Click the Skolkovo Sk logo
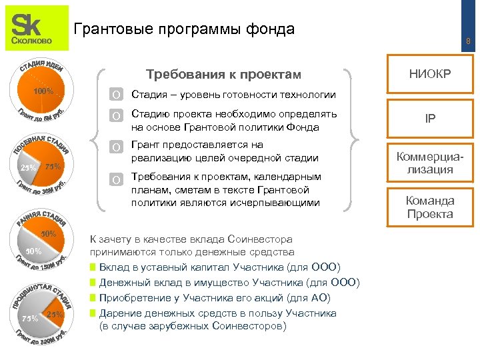tap(37, 28)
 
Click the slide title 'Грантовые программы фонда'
tap(183, 29)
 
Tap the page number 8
tap(468, 42)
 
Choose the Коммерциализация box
tap(431, 163)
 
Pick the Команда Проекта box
tap(431, 207)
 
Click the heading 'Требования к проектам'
tap(223, 74)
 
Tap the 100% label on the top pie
tap(43, 91)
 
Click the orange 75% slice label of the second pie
tap(53, 166)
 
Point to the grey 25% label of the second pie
tap(28, 167)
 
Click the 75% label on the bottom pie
tap(30, 319)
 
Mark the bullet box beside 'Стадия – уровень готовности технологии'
tap(117, 95)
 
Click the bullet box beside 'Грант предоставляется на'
tap(117, 147)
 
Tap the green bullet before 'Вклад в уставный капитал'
tap(93, 267)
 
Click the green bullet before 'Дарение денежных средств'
tap(93, 313)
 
